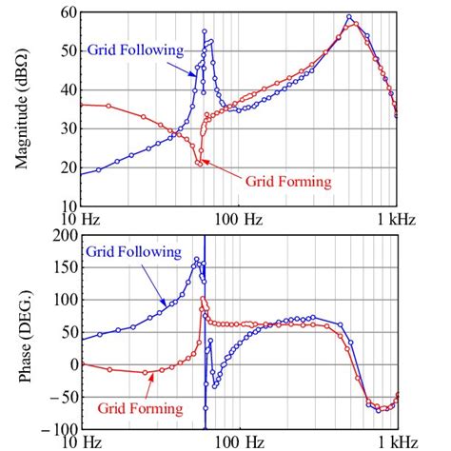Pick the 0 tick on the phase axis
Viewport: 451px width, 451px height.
[x=69, y=363]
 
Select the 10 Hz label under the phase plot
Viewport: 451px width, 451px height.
[x=81, y=442]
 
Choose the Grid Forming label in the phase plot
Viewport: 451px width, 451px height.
[x=139, y=408]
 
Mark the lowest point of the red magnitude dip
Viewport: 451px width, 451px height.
[x=199, y=164]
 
